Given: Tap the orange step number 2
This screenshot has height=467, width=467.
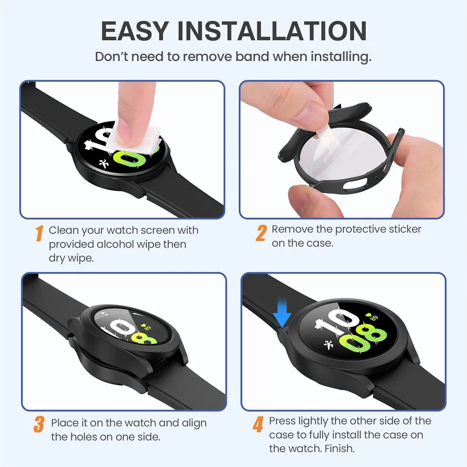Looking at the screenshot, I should pos(261,233).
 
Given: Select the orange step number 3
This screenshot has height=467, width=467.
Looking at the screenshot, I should pos(39,425).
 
